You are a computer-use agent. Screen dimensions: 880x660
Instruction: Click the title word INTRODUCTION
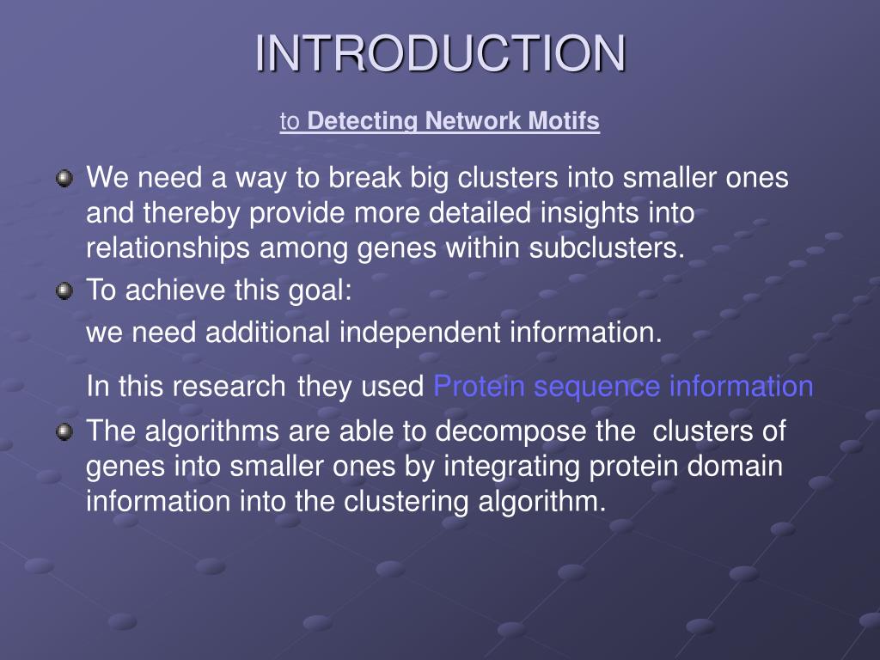pyautogui.click(x=440, y=53)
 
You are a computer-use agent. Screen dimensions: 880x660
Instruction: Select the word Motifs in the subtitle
pyautogui.click(x=565, y=121)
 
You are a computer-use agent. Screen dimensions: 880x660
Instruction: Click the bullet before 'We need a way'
pyautogui.click(x=64, y=179)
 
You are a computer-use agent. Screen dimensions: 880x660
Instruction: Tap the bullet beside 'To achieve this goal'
pyautogui.click(x=64, y=291)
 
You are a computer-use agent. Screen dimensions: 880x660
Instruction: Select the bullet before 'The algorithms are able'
pyautogui.click(x=64, y=431)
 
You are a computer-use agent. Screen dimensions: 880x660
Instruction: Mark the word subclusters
pyautogui.click(x=608, y=248)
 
